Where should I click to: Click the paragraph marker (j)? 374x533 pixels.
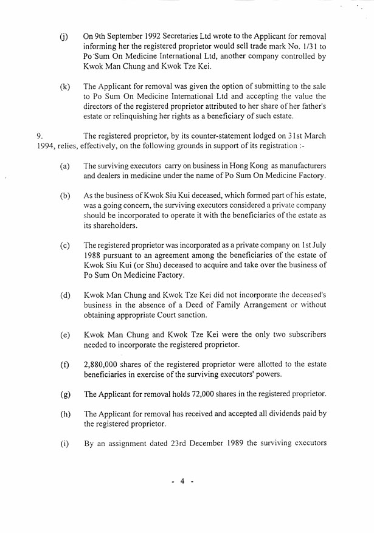(x=64, y=37)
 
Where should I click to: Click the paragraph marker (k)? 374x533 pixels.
(x=64, y=86)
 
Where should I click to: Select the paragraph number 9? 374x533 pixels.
(x=40, y=136)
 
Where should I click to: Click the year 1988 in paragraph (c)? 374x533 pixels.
(x=93, y=255)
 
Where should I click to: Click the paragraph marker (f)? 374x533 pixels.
(x=64, y=364)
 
